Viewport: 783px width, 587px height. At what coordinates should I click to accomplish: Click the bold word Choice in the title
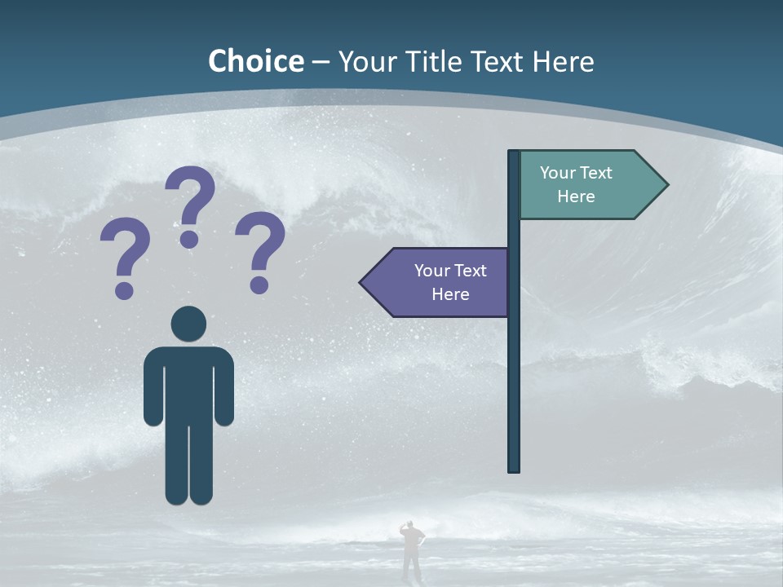pyautogui.click(x=256, y=61)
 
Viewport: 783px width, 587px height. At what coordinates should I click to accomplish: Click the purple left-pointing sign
pyautogui.click(x=440, y=282)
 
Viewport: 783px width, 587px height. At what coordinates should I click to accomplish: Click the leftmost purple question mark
pyautogui.click(x=125, y=249)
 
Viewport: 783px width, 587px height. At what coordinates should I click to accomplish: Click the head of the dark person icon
pyautogui.click(x=188, y=324)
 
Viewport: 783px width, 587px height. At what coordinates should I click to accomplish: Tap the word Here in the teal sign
pyautogui.click(x=576, y=196)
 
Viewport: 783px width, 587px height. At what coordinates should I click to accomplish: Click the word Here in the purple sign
pyautogui.click(x=450, y=294)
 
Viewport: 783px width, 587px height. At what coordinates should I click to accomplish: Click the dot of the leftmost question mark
pyautogui.click(x=124, y=289)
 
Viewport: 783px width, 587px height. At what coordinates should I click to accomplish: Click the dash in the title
pyautogui.click(x=321, y=63)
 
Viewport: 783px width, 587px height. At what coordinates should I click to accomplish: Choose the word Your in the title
pyautogui.click(x=365, y=61)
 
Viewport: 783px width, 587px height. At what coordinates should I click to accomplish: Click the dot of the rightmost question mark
pyautogui.click(x=259, y=284)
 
